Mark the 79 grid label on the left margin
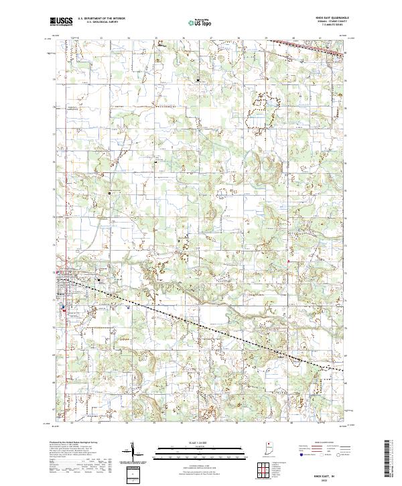pos(55,78)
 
